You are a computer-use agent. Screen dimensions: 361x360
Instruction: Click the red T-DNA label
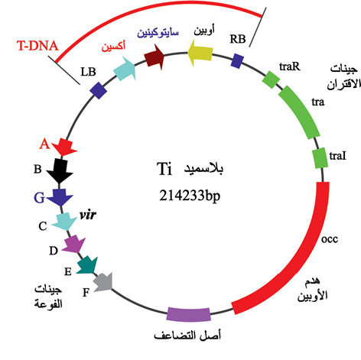point(37,46)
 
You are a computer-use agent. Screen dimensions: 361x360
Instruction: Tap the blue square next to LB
point(99,90)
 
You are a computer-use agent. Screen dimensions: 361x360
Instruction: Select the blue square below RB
point(237,61)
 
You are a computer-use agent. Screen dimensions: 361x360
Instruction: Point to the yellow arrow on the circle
point(200,53)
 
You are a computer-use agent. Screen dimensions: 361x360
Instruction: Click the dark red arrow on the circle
point(154,57)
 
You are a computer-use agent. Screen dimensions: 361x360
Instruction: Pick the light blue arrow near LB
point(125,68)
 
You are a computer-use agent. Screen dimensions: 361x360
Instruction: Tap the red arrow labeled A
point(65,147)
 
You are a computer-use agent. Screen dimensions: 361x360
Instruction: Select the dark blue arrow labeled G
point(60,197)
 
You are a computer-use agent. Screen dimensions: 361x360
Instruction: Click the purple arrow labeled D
point(74,244)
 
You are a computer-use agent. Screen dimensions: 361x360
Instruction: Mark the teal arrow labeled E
point(87,265)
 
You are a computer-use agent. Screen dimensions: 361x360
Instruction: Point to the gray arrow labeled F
point(103,282)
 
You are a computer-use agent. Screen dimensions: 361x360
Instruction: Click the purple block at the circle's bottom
point(189,314)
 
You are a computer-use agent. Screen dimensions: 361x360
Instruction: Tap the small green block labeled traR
point(271,79)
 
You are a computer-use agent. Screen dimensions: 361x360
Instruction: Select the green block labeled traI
point(320,157)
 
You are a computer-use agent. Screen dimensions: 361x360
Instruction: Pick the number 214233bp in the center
point(190,196)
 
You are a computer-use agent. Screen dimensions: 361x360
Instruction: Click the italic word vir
point(88,215)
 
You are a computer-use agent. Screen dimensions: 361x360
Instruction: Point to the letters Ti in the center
point(164,169)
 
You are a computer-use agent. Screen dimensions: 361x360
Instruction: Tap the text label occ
point(330,239)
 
